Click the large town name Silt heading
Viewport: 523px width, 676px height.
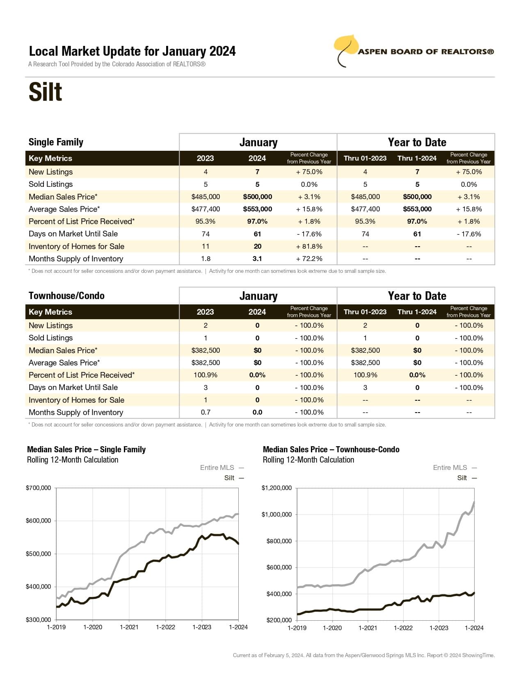[x=45, y=92]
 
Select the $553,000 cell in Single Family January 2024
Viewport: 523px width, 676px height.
[x=257, y=209]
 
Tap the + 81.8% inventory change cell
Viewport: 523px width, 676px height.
[x=309, y=246]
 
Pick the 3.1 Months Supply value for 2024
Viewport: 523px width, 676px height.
[x=257, y=259]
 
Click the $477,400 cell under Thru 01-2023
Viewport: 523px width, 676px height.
[x=365, y=209]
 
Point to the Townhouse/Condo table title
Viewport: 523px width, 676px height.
[x=66, y=296]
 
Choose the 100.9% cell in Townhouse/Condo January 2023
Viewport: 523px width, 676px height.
[x=206, y=375]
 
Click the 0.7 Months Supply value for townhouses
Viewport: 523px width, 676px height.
[x=206, y=412]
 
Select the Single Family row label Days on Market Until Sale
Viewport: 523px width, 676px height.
[x=73, y=234]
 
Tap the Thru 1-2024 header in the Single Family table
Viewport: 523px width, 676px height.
[x=417, y=158]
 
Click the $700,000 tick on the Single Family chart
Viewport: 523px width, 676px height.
[x=39, y=488]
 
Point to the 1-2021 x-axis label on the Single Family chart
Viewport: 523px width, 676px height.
[x=129, y=627]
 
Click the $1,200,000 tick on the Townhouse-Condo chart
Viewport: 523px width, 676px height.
[x=276, y=488]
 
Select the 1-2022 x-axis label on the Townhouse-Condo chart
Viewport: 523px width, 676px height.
[x=403, y=628]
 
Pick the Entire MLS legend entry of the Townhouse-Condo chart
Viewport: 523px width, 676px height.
[x=450, y=467]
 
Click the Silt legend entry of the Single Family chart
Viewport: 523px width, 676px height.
[x=229, y=478]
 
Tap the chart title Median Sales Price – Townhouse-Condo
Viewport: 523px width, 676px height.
[x=331, y=449]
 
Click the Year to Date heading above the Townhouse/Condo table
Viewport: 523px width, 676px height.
[x=417, y=296]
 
